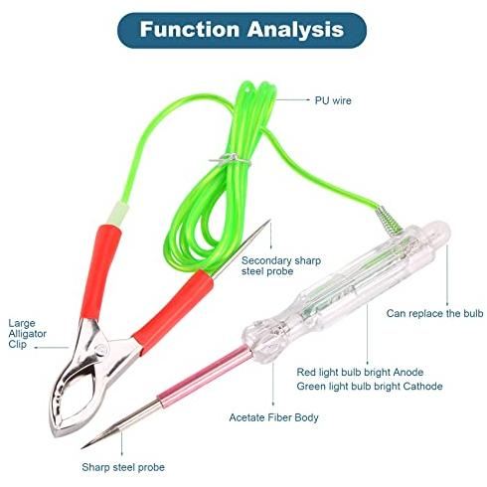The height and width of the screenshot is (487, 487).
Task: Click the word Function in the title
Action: (190, 29)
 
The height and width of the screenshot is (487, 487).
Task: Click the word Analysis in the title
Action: (295, 30)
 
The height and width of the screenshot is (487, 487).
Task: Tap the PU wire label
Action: (333, 100)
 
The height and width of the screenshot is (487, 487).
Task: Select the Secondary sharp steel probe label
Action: (281, 265)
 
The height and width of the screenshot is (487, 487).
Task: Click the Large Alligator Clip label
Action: (27, 334)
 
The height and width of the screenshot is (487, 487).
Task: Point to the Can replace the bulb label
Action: (434, 313)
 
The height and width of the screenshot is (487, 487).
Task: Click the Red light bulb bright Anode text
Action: (360, 372)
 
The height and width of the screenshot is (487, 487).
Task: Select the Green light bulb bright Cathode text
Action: (370, 387)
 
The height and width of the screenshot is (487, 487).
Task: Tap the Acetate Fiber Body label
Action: (273, 417)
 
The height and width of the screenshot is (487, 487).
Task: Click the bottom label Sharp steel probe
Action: (123, 467)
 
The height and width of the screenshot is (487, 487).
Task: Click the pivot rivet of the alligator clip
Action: (100, 349)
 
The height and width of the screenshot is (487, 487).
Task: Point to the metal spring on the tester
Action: (389, 220)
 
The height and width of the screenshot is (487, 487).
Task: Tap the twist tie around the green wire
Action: (230, 159)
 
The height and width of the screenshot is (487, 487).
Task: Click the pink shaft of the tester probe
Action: (205, 373)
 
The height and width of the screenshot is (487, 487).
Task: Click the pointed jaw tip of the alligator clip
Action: (54, 433)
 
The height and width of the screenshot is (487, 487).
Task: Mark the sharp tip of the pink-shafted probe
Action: (82, 447)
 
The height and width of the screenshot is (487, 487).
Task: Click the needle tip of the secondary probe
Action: (269, 220)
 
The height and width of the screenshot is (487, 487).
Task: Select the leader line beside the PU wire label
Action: (293, 99)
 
